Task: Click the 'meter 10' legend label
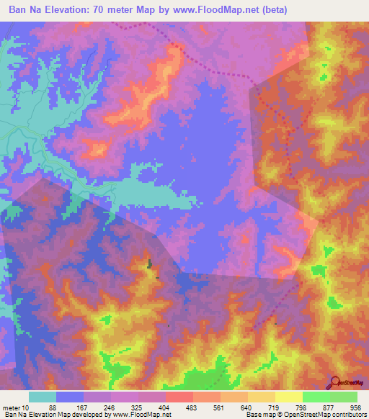[16, 407]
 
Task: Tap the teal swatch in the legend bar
[43, 397]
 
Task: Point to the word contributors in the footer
[349, 415]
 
